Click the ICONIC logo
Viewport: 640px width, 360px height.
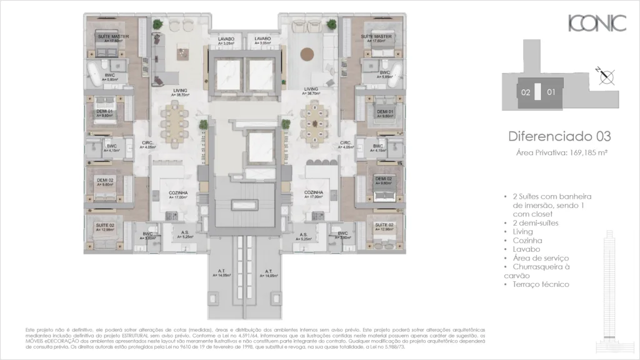(x=597, y=24)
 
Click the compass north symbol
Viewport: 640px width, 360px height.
(x=606, y=77)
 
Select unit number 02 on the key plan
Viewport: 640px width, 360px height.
(x=526, y=92)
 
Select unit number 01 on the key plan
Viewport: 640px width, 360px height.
(x=551, y=92)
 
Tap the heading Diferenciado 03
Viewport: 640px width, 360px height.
(x=559, y=136)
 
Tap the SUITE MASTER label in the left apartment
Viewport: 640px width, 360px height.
(x=113, y=37)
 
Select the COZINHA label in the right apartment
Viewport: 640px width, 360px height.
(x=313, y=192)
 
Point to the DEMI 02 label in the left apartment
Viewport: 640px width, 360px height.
(x=105, y=180)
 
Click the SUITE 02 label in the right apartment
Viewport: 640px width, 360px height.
(x=384, y=224)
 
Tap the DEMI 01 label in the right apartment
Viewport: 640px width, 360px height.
(x=384, y=112)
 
